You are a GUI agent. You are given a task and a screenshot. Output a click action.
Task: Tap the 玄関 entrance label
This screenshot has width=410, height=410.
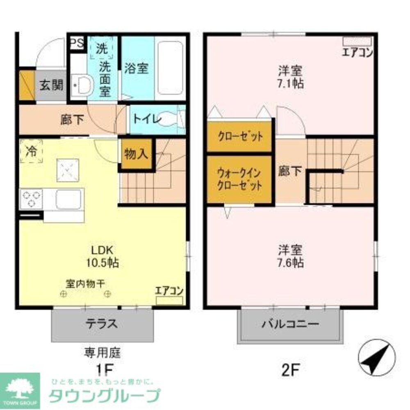coord(51,86)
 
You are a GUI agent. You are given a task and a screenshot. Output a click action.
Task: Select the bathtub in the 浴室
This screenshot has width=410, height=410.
coord(170,68)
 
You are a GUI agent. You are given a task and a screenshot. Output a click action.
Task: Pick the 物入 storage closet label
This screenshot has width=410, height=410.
coord(136,155)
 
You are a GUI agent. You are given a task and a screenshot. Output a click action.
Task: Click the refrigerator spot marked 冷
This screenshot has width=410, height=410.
coord(31,151)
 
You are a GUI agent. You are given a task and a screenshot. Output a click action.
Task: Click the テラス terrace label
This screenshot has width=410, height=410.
coord(102,324)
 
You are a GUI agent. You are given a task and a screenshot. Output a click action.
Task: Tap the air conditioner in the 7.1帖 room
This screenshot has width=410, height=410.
coord(357,41)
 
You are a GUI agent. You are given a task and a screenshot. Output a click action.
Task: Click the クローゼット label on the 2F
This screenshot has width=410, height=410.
coord(240,137)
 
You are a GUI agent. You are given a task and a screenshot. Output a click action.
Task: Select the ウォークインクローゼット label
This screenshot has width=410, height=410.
coord(240,179)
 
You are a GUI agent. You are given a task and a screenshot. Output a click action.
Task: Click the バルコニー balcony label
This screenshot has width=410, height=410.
coord(290,324)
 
